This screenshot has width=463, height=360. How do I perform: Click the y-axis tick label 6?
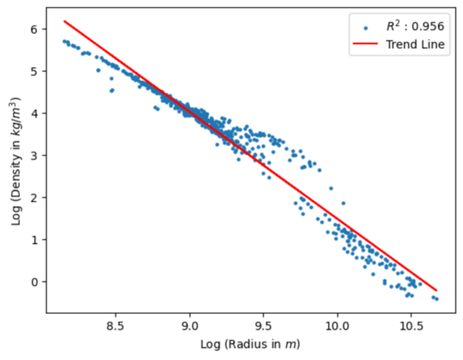pyautogui.click(x=34, y=29)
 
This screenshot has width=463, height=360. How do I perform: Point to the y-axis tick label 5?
pyautogui.click(x=34, y=72)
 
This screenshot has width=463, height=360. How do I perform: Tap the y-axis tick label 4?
pyautogui.click(x=34, y=113)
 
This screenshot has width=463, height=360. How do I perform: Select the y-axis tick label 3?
pyautogui.click(x=34, y=156)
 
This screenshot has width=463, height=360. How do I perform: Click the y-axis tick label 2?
pyautogui.click(x=34, y=197)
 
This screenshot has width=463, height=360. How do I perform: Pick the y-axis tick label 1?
pyautogui.click(x=34, y=240)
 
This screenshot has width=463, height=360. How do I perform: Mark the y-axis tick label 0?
pyautogui.click(x=34, y=281)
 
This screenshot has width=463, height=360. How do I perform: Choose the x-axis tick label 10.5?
pyautogui.click(x=411, y=327)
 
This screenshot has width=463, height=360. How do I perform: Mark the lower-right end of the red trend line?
pyautogui.click(x=437, y=290)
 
